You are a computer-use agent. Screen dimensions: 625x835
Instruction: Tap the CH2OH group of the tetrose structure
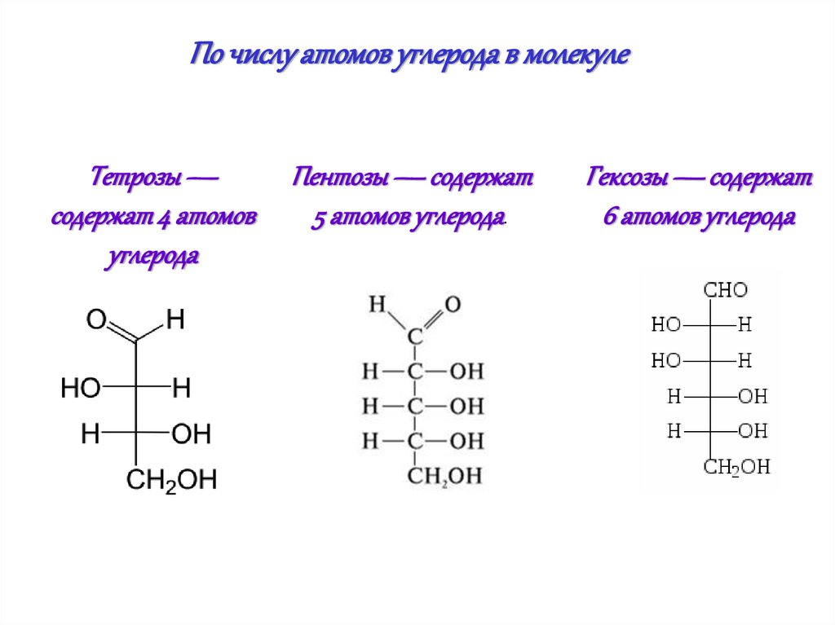tap(171, 480)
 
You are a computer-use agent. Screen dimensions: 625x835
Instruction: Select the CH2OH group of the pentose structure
tap(445, 477)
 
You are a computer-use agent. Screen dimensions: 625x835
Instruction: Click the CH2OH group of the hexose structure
tap(736, 467)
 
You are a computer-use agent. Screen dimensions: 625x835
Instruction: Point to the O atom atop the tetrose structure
tap(97, 320)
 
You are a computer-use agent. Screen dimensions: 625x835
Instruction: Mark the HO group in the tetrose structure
tap(80, 389)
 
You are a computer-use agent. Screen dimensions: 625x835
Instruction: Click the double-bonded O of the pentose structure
tap(453, 305)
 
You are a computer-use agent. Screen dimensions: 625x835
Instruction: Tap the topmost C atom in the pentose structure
tap(415, 336)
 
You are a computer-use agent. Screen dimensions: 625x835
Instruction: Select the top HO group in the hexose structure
tap(665, 325)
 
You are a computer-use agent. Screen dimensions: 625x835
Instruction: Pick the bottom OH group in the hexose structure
tap(752, 431)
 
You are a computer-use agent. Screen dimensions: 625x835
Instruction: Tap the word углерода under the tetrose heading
tap(152, 257)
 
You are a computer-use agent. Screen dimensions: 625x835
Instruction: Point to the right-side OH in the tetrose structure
tap(192, 434)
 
